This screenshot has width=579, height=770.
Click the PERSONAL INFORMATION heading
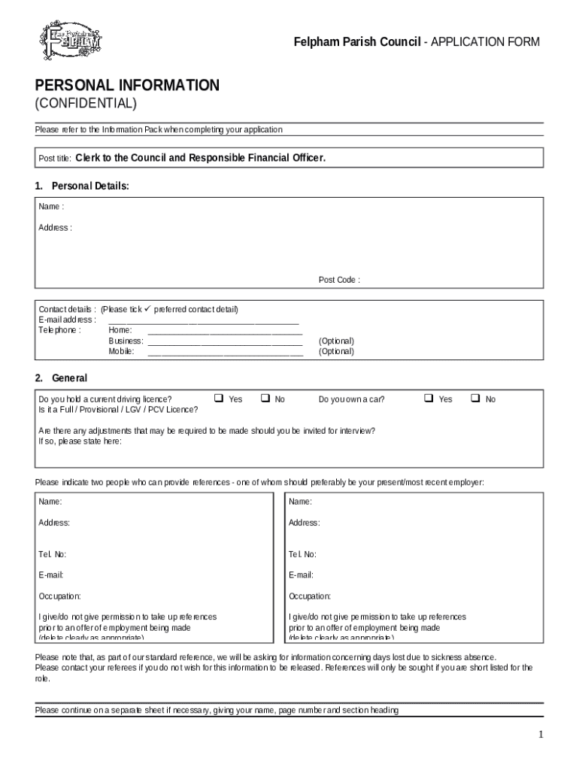[127, 86]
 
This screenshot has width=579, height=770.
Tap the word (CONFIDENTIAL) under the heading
[86, 103]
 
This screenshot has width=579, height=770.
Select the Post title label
[55, 159]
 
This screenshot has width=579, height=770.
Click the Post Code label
[338, 280]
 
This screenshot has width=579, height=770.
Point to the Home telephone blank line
[225, 331]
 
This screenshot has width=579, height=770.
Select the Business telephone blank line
[225, 341]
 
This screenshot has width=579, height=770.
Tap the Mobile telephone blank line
[225, 352]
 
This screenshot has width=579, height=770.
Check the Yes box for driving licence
[219, 398]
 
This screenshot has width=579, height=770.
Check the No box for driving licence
[265, 398]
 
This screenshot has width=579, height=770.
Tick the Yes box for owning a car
[429, 398]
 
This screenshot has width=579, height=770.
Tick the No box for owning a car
[475, 398]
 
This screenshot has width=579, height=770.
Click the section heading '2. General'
[61, 378]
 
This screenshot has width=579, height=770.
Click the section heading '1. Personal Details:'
[82, 186]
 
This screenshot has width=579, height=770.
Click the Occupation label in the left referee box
[59, 596]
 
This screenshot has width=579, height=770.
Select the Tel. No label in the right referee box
[302, 555]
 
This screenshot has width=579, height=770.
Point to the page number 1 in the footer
[541, 735]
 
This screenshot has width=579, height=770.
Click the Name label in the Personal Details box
[51, 207]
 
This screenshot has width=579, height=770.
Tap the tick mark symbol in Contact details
[147, 309]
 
